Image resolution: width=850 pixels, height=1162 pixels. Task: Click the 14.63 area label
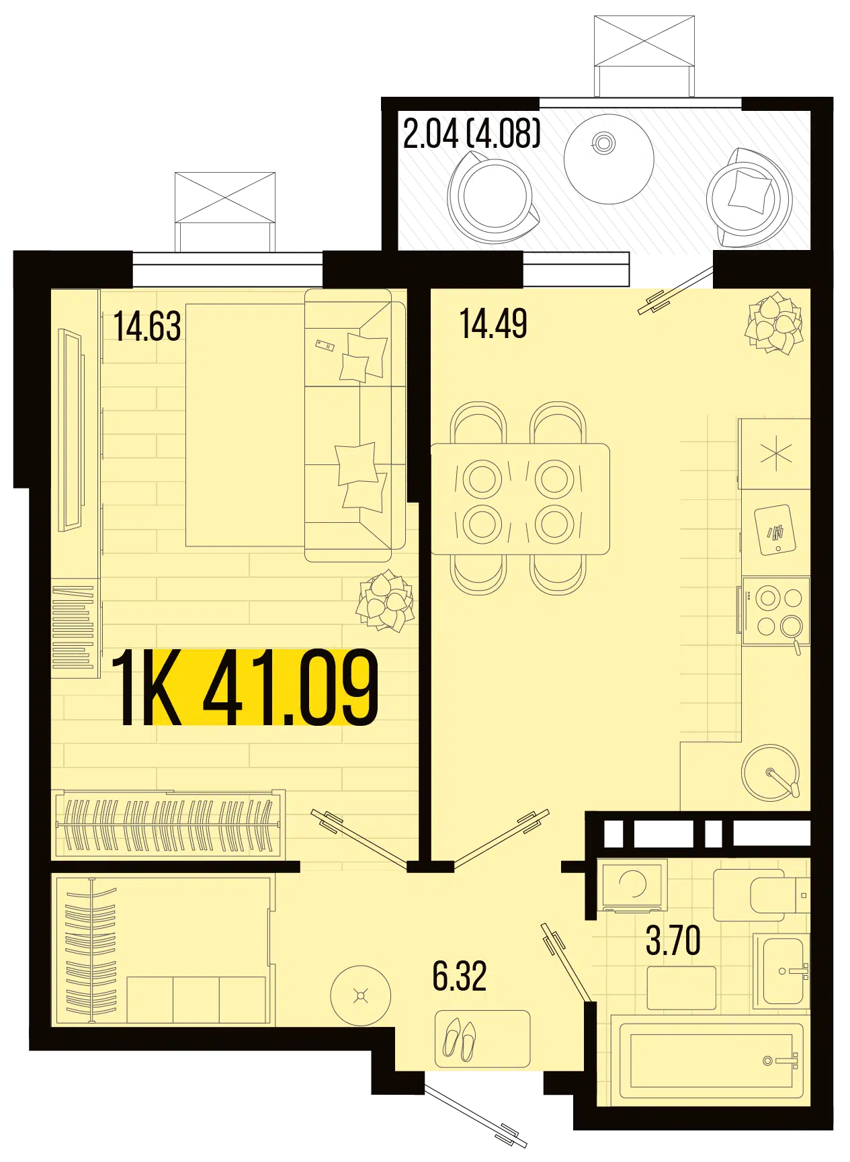pyautogui.click(x=147, y=327)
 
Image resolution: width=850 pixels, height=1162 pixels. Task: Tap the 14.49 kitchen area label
pyautogui.click(x=493, y=324)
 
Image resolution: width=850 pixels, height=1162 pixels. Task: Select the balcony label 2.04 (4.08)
pyautogui.click(x=472, y=133)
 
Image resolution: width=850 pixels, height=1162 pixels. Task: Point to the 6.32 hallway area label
pyautogui.click(x=460, y=976)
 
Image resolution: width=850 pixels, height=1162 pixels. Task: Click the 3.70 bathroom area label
pyautogui.click(x=673, y=940)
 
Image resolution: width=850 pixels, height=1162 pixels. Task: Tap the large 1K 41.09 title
pyautogui.click(x=246, y=688)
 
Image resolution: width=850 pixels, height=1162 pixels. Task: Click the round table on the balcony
pyautogui.click(x=609, y=159)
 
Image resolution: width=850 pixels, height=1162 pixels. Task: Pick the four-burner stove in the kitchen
pyautogui.click(x=776, y=611)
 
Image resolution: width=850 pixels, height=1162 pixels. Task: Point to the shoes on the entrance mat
pyautogui.click(x=460, y=1040)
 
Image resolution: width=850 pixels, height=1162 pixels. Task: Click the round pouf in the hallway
pyautogui.click(x=361, y=996)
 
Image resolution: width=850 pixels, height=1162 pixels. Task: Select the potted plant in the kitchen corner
pyautogui.click(x=774, y=323)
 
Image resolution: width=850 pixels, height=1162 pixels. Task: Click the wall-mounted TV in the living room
pyautogui.click(x=70, y=429)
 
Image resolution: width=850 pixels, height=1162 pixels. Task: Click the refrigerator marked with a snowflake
pyautogui.click(x=775, y=454)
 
